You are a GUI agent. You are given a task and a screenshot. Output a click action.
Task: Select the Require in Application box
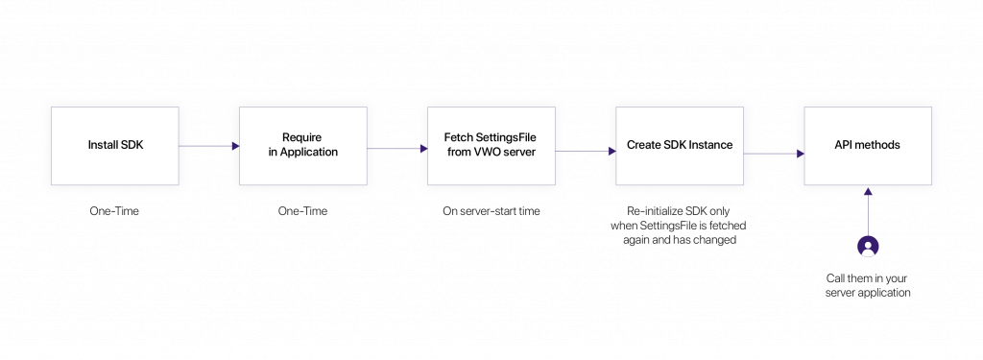(x=302, y=146)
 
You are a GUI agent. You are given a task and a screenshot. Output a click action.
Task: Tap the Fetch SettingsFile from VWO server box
(x=491, y=146)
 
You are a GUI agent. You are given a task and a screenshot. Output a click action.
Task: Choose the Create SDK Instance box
(x=679, y=146)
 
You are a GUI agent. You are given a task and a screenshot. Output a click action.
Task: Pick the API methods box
(x=867, y=146)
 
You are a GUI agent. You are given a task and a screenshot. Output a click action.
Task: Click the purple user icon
(x=868, y=247)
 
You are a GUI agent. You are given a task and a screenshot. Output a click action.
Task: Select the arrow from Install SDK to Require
(x=208, y=147)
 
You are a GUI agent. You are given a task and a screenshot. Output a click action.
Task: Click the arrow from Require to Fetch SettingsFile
(x=396, y=149)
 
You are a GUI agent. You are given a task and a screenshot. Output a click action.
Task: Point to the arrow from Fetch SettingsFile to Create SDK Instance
(x=585, y=151)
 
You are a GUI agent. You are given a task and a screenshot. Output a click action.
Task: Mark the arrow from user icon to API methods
(x=868, y=211)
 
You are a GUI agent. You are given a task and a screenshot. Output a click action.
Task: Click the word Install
(x=103, y=146)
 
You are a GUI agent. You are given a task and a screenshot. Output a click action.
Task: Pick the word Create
(x=646, y=145)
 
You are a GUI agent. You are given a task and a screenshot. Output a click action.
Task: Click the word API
(x=844, y=145)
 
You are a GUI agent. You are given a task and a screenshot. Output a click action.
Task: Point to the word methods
(x=878, y=145)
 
